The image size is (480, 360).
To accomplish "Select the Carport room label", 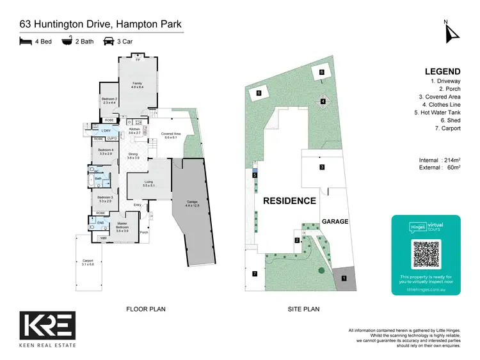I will (88, 262).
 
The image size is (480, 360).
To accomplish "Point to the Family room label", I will (137, 84).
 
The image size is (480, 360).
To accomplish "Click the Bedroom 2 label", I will (109, 100).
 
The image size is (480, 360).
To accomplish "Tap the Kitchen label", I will (134, 131).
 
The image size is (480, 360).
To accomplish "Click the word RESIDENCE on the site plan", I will (289, 200).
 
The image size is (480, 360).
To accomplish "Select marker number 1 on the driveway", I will (344, 278).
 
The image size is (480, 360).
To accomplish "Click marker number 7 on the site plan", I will (254, 274).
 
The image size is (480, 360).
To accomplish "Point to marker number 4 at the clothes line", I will (323, 101).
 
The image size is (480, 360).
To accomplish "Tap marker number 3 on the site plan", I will (322, 167).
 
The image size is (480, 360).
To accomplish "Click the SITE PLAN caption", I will (304, 309).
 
